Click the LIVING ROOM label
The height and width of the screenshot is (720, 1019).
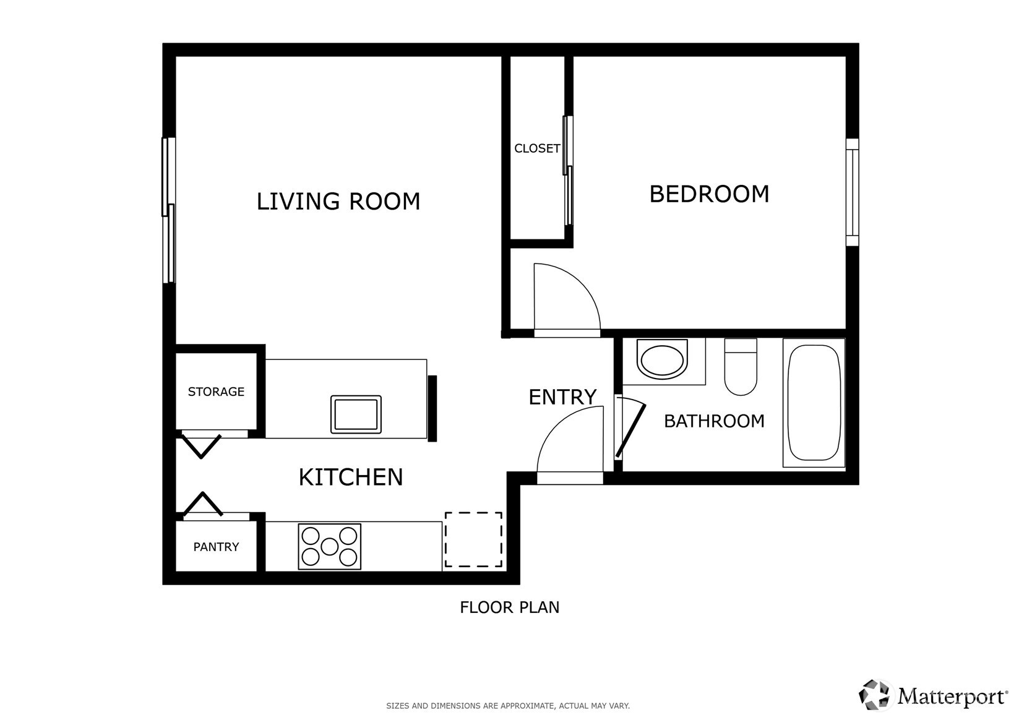pos(338,202)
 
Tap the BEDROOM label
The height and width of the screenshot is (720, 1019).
pos(709,194)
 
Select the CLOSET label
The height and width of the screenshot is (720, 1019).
pos(536,148)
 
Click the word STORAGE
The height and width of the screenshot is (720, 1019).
pos(216,392)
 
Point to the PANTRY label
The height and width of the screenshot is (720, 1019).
pos(216,547)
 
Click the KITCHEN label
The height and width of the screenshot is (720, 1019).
pos(350,478)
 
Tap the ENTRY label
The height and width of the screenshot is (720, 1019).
pos(562,397)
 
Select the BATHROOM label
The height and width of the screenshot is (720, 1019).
pos(714,421)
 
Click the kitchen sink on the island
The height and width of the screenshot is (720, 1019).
pos(356,414)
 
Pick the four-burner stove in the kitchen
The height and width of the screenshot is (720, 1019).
pos(329,547)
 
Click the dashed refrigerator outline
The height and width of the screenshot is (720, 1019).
pos(473,539)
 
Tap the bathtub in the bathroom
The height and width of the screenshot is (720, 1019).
pos(814,403)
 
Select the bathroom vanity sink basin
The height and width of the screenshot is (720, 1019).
pos(661,359)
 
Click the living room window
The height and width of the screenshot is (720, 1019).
pos(168,210)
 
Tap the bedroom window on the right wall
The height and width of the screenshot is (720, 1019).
pos(852,192)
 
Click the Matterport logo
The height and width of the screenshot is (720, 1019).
pos(932,695)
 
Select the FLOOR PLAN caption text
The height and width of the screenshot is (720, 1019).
pos(509,607)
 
